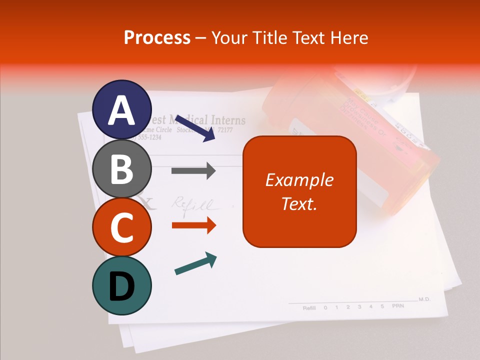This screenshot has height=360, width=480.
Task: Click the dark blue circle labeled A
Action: point(121,109)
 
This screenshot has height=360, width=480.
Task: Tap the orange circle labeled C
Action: point(121,227)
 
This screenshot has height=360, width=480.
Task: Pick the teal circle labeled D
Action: point(121,285)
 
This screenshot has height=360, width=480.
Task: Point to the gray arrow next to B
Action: point(193,171)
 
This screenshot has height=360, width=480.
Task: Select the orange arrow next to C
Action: point(193,225)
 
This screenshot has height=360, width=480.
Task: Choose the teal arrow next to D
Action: point(195,263)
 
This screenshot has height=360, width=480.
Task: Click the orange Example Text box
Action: point(299,191)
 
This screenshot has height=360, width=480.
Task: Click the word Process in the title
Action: point(157,37)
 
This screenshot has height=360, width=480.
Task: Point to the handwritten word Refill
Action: point(192,204)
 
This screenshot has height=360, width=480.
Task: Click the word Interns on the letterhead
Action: point(227,120)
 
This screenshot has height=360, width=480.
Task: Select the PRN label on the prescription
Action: point(397,305)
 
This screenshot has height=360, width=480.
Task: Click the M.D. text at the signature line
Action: point(424,299)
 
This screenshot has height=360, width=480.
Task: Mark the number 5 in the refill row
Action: point(382,306)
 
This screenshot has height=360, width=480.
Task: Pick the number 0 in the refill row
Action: point(325,307)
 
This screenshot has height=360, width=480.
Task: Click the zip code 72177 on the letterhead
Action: point(225,130)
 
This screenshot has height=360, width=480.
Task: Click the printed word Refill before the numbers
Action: point(309,308)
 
